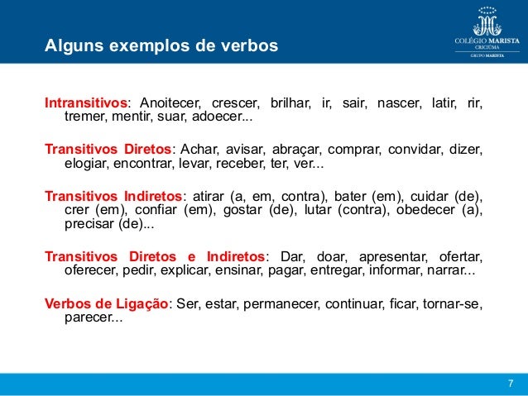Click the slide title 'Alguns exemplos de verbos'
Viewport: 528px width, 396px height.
(x=161, y=45)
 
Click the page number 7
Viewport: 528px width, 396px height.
(x=510, y=383)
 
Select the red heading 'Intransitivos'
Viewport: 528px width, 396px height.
(x=86, y=104)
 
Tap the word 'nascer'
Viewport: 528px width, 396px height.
(x=398, y=104)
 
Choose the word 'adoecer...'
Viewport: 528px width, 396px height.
(x=223, y=119)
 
